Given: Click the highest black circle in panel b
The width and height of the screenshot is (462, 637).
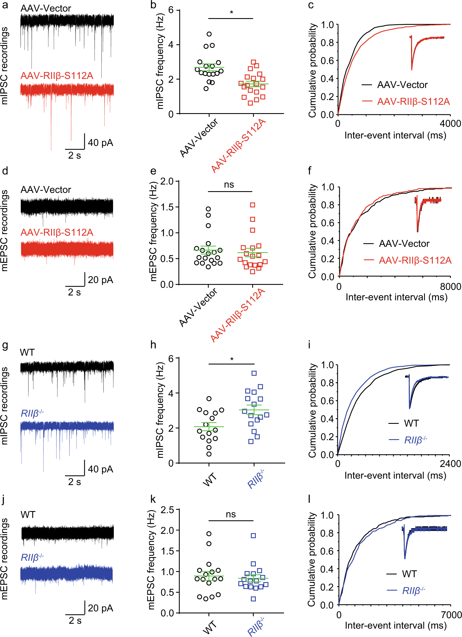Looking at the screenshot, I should coord(209,34).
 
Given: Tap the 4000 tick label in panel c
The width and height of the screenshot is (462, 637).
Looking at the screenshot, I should coord(451,123).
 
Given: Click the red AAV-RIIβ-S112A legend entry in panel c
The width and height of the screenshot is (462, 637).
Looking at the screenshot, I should coord(413,101).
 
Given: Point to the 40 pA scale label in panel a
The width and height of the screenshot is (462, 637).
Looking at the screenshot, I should coord(100,143).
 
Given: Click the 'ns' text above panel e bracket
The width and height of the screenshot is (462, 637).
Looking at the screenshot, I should coord(229,184).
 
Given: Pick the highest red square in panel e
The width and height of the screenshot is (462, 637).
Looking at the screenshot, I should coord(252,205).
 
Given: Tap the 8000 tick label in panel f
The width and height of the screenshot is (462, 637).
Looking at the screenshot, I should coord(451,287).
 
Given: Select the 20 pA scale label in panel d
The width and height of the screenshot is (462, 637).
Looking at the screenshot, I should coord(100,280).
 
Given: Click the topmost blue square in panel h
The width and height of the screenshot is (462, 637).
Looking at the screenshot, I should coord(254,373).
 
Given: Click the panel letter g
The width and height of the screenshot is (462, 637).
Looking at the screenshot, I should coord(5,345).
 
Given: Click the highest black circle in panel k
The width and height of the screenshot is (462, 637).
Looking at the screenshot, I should coord(209,534).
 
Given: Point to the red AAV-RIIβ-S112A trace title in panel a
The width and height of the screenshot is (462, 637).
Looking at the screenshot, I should coord(57,76).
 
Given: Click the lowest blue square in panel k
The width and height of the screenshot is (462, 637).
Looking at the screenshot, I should coord(253,599).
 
